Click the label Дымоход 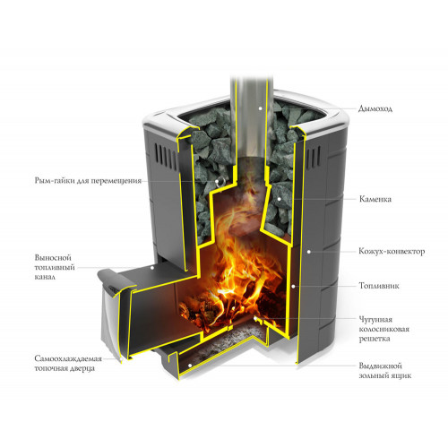[375, 108]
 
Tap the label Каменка [375, 199]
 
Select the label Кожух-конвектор [392, 252]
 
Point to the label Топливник [379, 286]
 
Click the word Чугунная [375, 320]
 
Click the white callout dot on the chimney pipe [260, 108]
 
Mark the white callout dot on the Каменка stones [280, 199]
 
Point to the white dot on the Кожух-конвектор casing [309, 252]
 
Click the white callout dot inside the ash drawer [190, 366]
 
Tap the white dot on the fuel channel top [152, 268]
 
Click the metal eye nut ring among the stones [221, 181]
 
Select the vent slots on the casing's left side [166, 155]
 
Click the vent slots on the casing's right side [314, 158]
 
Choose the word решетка [370, 340]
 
